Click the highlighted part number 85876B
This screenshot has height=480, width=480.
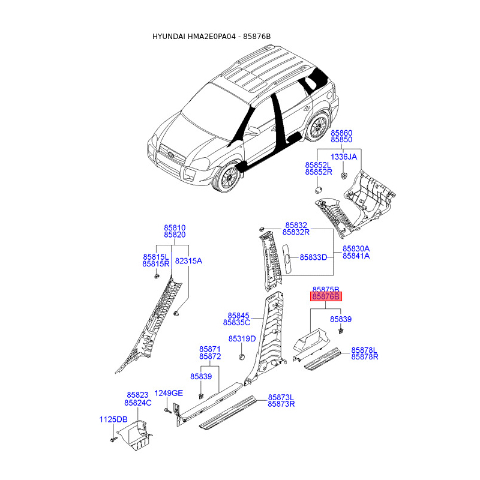[326, 296]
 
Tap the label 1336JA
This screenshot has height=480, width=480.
[344, 157]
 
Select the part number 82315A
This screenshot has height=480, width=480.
[188, 261]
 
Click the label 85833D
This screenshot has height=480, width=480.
[313, 257]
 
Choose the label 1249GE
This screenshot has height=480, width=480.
[169, 393]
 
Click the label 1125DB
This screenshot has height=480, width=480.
[113, 419]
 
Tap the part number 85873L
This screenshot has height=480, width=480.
[281, 397]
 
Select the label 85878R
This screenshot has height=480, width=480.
[364, 357]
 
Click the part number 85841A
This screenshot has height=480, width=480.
[356, 256]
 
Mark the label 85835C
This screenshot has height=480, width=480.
[236, 323]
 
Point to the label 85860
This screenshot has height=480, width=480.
[342, 132]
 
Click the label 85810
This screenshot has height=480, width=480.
[175, 228]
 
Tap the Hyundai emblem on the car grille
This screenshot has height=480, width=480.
[172, 154]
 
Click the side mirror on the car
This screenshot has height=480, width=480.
[254, 130]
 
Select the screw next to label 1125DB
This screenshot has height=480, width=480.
[113, 441]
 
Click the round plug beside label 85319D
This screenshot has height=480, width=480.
[243, 357]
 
